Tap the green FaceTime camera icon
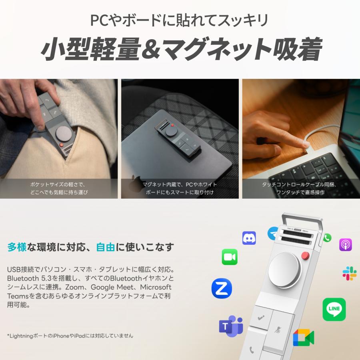230,257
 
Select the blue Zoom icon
222,288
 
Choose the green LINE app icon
334,309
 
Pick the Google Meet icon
303,338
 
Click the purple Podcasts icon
345,244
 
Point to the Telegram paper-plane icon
273,233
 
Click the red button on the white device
306,256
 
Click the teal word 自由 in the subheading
106,247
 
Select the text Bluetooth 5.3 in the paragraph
26,278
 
